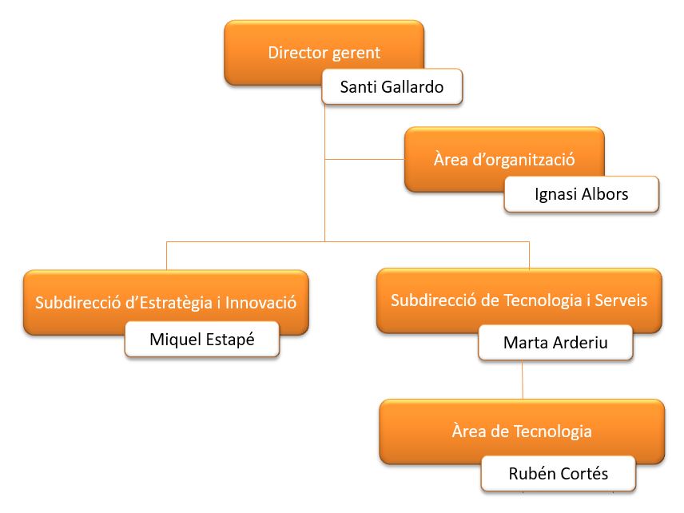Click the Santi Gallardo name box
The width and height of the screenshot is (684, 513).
[x=392, y=86]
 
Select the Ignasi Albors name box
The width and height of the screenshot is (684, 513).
[x=581, y=194]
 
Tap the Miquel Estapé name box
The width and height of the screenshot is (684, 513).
[x=202, y=340]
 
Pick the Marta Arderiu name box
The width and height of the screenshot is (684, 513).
[x=555, y=342]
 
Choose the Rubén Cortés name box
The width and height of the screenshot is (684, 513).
[x=558, y=474]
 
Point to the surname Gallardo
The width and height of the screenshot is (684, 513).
[x=413, y=86]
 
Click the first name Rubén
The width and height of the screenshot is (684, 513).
[x=530, y=474]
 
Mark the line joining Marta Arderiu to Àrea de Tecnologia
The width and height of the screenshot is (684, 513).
[x=523, y=380]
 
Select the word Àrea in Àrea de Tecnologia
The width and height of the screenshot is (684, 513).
[x=467, y=431]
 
